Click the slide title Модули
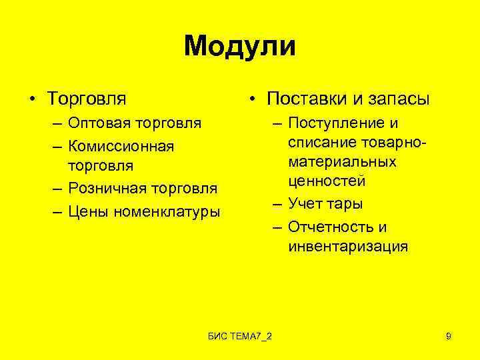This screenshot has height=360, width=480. (x=240, y=47)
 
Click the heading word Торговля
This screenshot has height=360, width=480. (x=86, y=99)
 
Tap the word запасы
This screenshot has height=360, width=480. (x=400, y=99)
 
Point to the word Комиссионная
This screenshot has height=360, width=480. (x=121, y=145)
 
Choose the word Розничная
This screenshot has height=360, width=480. (x=108, y=189)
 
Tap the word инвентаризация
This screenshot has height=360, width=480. (x=348, y=247)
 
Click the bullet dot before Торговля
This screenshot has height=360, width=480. (x=32, y=100)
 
